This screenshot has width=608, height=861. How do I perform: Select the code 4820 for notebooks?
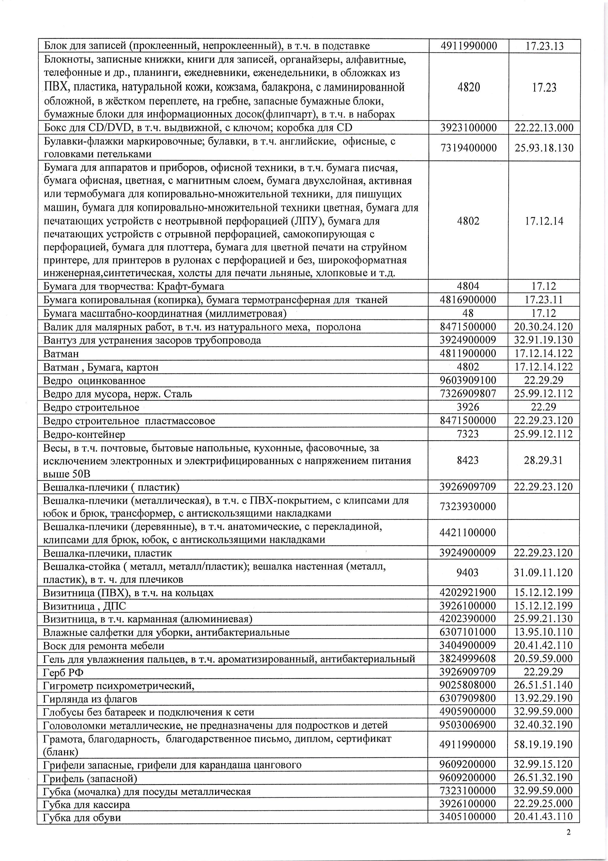[x=468, y=87]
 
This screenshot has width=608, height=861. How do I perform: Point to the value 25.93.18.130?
[x=544, y=148]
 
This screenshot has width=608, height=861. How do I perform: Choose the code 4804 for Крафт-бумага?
[x=468, y=286]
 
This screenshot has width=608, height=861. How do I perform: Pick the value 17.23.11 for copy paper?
[x=544, y=300]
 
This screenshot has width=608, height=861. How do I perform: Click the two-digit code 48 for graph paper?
[x=468, y=313]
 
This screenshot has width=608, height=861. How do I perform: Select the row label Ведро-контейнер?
[x=84, y=434]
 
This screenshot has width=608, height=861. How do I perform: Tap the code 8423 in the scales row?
[x=468, y=460]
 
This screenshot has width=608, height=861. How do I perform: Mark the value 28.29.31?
[x=544, y=460]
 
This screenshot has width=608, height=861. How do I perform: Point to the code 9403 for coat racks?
[x=468, y=573]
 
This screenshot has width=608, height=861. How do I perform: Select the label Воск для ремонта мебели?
[x=104, y=645]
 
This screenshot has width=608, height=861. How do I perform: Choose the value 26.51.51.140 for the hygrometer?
[x=544, y=685]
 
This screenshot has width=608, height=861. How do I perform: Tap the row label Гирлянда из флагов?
[x=90, y=699]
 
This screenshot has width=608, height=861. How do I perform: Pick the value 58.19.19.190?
[x=544, y=744]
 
